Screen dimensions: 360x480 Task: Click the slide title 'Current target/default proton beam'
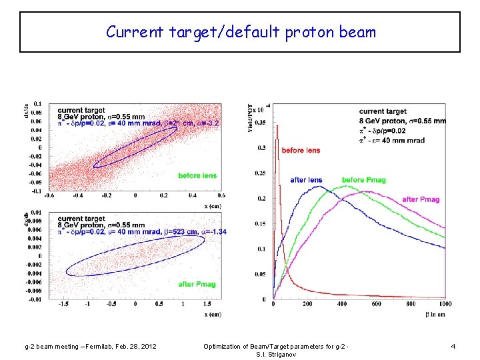point(241,32)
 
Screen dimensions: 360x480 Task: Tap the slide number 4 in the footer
point(453,346)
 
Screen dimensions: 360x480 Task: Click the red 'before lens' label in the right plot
point(301,151)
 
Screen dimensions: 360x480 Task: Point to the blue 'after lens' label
point(306,180)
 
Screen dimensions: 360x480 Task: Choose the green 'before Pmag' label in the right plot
point(363,180)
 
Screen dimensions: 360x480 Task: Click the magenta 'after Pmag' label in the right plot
point(420,199)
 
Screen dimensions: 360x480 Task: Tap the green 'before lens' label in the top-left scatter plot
point(197,175)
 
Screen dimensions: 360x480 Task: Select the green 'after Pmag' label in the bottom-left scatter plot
point(197,285)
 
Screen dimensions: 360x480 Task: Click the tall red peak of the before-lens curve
point(277,127)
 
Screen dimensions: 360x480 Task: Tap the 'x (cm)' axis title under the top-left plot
point(213,205)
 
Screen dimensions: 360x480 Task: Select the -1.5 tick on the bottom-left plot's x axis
point(64,304)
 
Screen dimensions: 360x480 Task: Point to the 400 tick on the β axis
point(342,304)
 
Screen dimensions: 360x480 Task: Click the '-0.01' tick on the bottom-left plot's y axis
point(33,299)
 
